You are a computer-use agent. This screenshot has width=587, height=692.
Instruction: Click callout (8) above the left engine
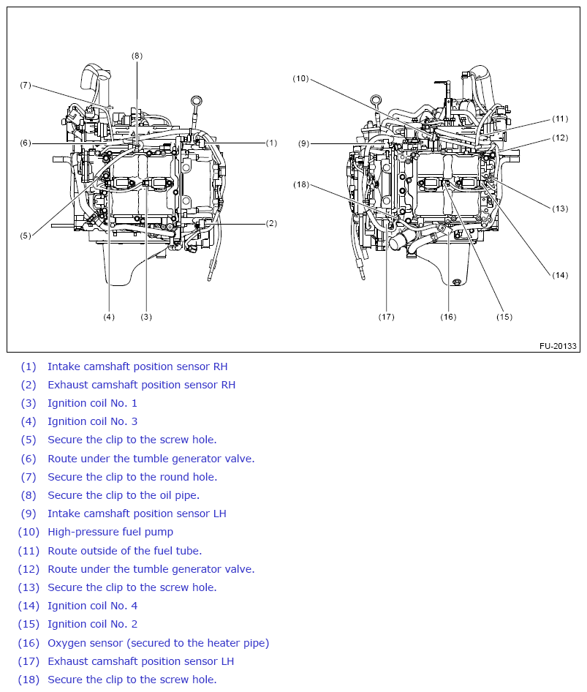click(137, 56)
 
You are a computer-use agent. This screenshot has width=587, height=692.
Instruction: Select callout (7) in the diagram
click(26, 85)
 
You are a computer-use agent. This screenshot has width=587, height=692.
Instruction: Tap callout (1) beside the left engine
click(271, 143)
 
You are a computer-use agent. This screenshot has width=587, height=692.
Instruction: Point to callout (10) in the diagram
click(301, 78)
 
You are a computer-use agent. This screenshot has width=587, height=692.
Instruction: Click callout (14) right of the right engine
click(559, 275)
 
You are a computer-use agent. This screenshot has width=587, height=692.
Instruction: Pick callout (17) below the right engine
click(386, 317)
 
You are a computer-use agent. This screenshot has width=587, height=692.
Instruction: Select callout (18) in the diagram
click(301, 184)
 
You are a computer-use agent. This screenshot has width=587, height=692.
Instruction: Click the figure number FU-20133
click(558, 345)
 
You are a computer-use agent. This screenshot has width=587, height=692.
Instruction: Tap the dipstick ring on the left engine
click(195, 100)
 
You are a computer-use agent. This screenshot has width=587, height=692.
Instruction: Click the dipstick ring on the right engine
click(376, 99)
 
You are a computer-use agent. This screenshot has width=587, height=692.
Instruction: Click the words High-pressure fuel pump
click(110, 532)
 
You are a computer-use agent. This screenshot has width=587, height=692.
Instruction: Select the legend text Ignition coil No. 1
click(92, 403)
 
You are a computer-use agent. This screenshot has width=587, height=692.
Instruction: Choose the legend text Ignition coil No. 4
click(92, 606)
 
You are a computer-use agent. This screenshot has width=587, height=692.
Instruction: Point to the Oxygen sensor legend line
click(158, 643)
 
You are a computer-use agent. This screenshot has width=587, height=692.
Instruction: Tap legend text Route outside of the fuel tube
click(124, 551)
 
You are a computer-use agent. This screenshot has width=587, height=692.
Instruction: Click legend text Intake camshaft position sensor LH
click(137, 514)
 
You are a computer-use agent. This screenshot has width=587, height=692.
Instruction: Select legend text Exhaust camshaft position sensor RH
click(141, 385)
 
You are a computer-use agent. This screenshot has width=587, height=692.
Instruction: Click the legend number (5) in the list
click(28, 440)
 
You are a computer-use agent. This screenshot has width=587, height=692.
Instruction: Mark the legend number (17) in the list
click(28, 661)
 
